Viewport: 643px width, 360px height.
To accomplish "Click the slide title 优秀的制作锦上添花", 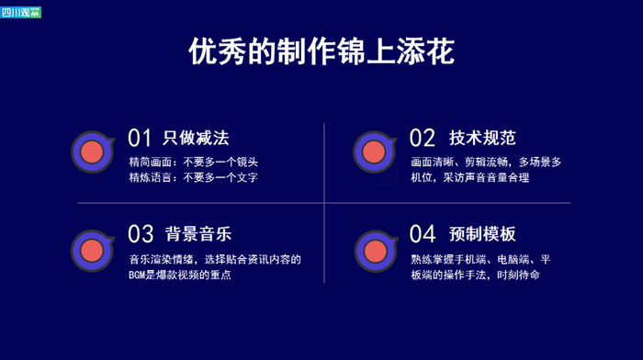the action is click(321, 51).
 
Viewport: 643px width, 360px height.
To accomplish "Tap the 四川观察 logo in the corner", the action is click(20, 12).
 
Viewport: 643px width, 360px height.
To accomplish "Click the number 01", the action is click(140, 138).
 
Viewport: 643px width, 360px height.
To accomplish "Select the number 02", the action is click(422, 138).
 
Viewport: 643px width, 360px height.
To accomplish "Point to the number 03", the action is click(141, 233).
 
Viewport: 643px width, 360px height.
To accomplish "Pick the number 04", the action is click(422, 233).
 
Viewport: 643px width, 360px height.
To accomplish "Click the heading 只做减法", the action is click(196, 138).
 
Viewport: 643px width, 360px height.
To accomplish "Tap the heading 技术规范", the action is click(482, 138).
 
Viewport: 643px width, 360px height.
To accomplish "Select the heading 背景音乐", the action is click(198, 234).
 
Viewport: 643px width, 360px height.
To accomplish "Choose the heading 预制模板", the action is click(482, 234).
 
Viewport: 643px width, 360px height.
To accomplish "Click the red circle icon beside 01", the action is click(92, 152).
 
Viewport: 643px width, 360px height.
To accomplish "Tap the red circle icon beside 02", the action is click(374, 152).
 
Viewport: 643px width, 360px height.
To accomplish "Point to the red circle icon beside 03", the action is click(92, 251).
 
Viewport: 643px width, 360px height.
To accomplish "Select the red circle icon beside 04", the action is click(376, 252).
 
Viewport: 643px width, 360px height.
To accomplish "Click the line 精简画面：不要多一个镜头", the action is click(194, 162).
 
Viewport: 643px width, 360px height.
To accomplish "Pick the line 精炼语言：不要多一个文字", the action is click(194, 177).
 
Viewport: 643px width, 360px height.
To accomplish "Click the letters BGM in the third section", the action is click(137, 276).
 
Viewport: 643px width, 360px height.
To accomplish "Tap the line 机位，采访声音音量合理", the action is click(470, 177).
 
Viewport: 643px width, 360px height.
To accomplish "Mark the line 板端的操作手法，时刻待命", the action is click(475, 275).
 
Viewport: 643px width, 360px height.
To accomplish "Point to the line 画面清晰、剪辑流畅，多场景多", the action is click(486, 162).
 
